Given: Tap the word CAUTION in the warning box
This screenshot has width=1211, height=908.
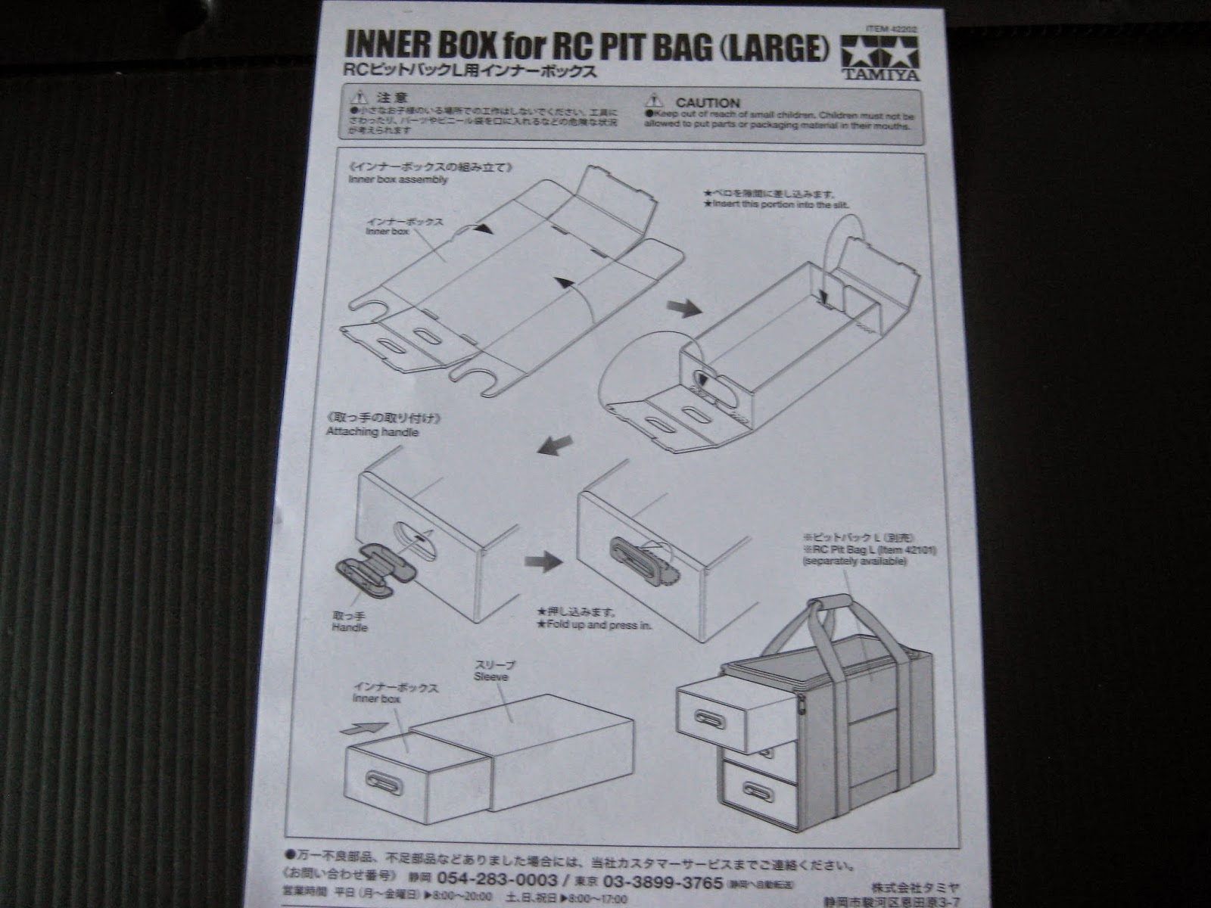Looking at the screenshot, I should (707, 102).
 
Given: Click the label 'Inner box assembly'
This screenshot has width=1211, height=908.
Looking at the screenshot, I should (398, 180).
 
